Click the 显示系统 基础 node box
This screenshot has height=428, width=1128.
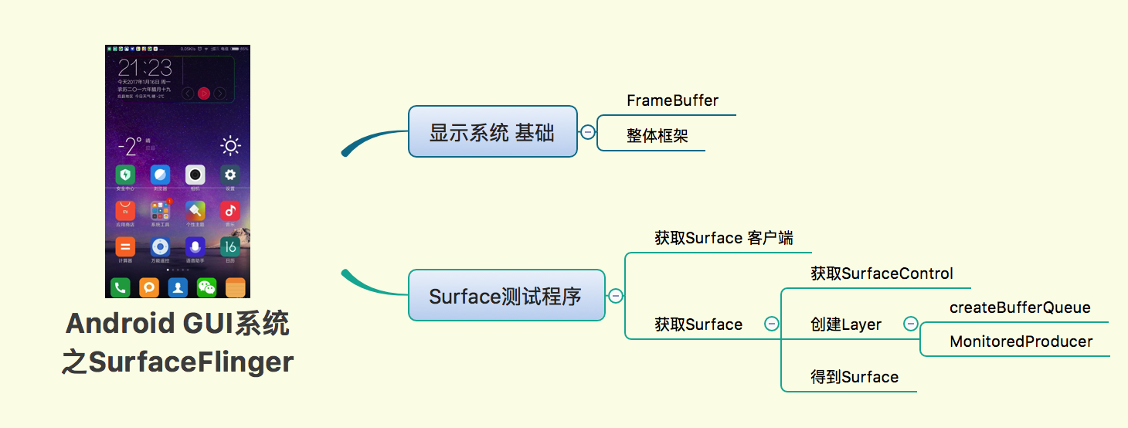[492, 131]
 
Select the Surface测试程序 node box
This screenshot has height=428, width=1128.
[506, 295]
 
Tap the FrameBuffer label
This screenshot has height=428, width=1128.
[672, 101]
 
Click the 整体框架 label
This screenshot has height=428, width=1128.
[657, 137]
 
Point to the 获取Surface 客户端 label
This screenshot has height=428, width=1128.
[723, 238]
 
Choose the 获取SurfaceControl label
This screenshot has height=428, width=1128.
[882, 273]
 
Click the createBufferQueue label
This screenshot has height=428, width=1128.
[1020, 307]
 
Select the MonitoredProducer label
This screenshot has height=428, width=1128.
[1021, 341]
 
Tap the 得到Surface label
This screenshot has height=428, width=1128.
[854, 377]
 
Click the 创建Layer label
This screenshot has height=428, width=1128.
[846, 324]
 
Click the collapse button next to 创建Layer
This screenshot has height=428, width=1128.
[911, 324]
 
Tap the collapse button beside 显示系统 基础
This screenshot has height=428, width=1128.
[588, 132]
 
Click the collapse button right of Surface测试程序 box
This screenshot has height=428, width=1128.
[616, 296]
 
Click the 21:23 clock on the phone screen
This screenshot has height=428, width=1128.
[145, 68]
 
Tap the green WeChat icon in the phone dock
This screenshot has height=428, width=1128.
[206, 287]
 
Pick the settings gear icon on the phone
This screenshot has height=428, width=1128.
[229, 174]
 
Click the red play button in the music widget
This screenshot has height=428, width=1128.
[204, 93]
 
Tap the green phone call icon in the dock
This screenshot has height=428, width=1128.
[120, 287]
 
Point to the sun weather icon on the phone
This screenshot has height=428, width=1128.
[229, 145]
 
